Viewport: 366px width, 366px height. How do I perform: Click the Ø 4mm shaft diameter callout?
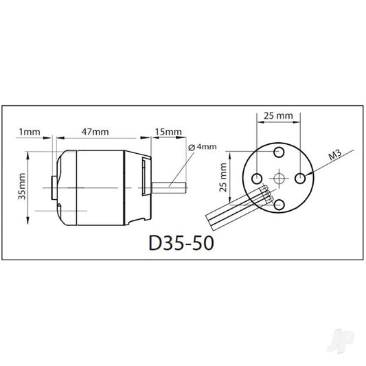(x=204, y=147)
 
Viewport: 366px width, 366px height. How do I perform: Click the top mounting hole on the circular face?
(x=278, y=152)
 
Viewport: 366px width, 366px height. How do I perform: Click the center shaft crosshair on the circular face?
(x=278, y=178)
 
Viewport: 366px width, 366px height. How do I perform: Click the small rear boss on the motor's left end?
(x=54, y=187)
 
